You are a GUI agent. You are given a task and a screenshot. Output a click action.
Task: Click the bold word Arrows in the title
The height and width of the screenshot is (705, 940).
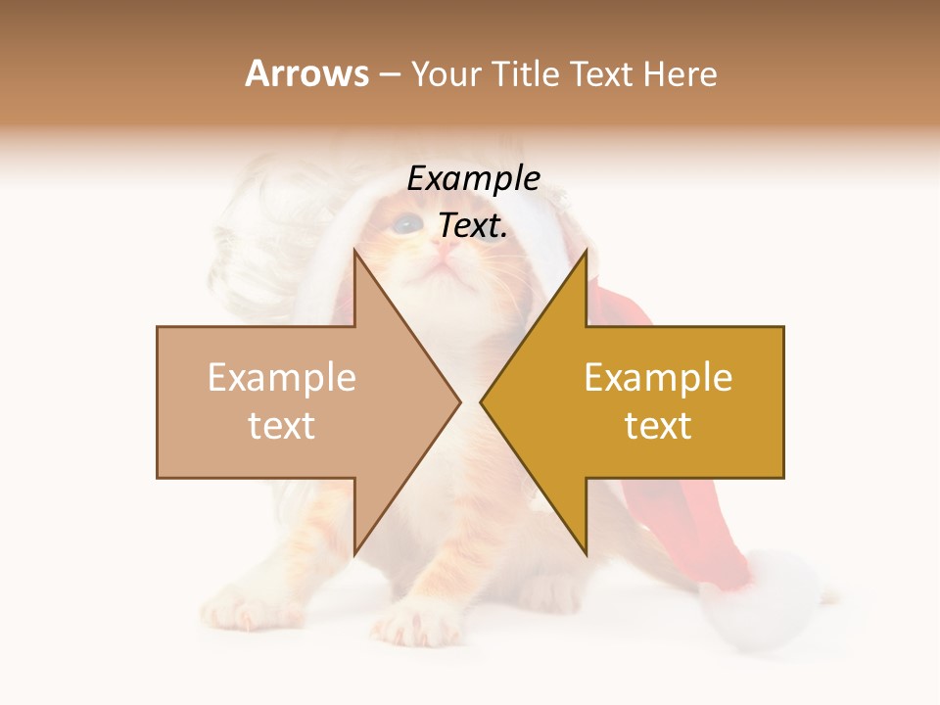tap(307, 73)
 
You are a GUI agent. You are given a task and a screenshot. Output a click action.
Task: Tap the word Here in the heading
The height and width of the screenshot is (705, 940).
tap(680, 73)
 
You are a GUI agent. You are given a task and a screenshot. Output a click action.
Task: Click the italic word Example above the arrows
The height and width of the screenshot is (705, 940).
tap(474, 179)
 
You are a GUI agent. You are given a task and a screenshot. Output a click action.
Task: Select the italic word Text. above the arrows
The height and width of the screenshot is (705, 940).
tap(473, 226)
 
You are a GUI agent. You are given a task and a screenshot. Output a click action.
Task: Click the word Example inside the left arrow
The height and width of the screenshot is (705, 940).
tap(282, 378)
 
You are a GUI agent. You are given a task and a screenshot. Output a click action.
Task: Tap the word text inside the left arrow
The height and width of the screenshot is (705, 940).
tap(282, 426)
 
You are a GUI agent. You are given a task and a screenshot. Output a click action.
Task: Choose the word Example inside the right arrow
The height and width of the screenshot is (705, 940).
tap(658, 378)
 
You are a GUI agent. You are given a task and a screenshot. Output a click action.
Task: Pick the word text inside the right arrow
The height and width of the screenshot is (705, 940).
tap(658, 426)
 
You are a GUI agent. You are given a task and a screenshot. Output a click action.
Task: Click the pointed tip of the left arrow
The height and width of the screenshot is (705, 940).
tap(461, 401)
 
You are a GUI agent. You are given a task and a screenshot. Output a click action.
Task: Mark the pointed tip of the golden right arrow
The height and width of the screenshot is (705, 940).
tap(481, 401)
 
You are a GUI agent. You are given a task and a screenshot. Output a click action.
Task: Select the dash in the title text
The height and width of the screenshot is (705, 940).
tap(389, 75)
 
